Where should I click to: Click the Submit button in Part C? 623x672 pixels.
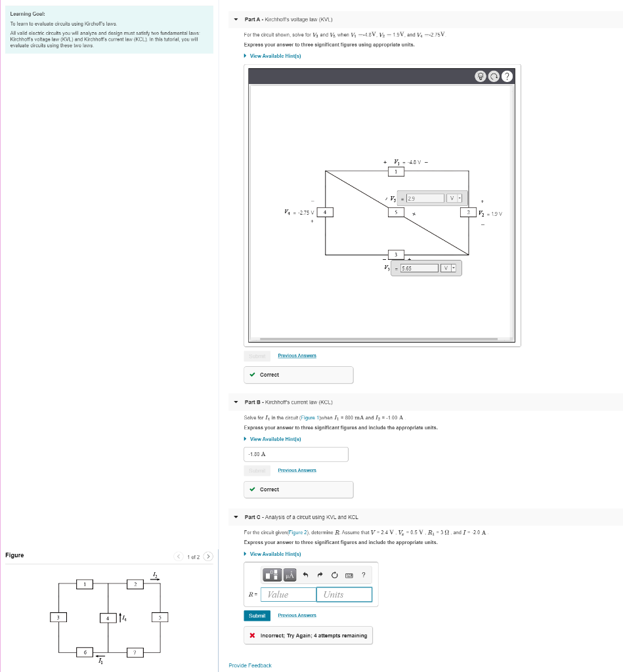[x=257, y=616]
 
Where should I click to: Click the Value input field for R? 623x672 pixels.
[x=288, y=595]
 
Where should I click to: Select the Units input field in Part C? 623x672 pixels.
[x=343, y=595]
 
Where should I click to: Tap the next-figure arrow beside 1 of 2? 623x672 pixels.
[x=208, y=557]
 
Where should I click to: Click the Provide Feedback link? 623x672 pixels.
[x=249, y=665]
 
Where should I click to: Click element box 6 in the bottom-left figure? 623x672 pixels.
[x=83, y=652]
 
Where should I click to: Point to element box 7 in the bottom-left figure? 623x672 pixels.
[x=135, y=652]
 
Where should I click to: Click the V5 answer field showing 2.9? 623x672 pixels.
[x=424, y=198]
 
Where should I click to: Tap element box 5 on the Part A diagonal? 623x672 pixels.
[x=396, y=212]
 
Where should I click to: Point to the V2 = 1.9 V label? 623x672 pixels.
[x=490, y=213]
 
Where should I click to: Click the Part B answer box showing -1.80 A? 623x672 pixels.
[x=295, y=454]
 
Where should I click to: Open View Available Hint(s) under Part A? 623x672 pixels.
[x=275, y=56]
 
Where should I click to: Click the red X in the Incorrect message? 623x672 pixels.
[x=253, y=636]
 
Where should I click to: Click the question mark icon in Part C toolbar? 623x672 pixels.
[x=363, y=576]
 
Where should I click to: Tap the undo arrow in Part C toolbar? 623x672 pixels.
[x=305, y=576]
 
